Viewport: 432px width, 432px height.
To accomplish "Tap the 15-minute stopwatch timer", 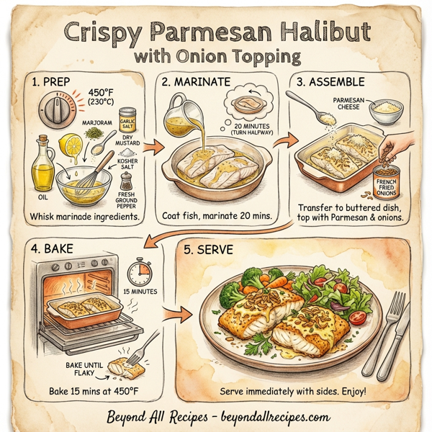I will pyautogui.click(x=140, y=273).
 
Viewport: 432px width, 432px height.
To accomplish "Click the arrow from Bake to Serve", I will pyautogui.click(x=175, y=314).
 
